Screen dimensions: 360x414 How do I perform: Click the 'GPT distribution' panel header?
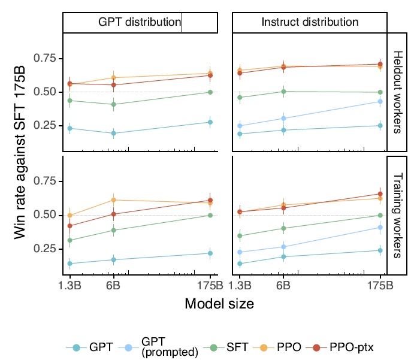pos(140,23)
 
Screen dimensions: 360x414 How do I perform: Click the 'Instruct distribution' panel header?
pos(310,23)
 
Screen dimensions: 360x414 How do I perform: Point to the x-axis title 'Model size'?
pos(219,304)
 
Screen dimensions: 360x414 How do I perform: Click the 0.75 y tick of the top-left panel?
pos(48,58)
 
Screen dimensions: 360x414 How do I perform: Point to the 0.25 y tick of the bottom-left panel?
pos(48,249)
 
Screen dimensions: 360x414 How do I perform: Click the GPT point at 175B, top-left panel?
pos(210,122)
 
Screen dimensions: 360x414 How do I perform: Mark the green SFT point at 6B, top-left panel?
pos(113,104)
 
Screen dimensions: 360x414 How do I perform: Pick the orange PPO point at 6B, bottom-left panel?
pos(113,199)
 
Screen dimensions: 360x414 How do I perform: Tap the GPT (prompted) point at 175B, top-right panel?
pos(380,101)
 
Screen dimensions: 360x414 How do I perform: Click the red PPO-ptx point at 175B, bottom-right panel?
pos(380,193)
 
